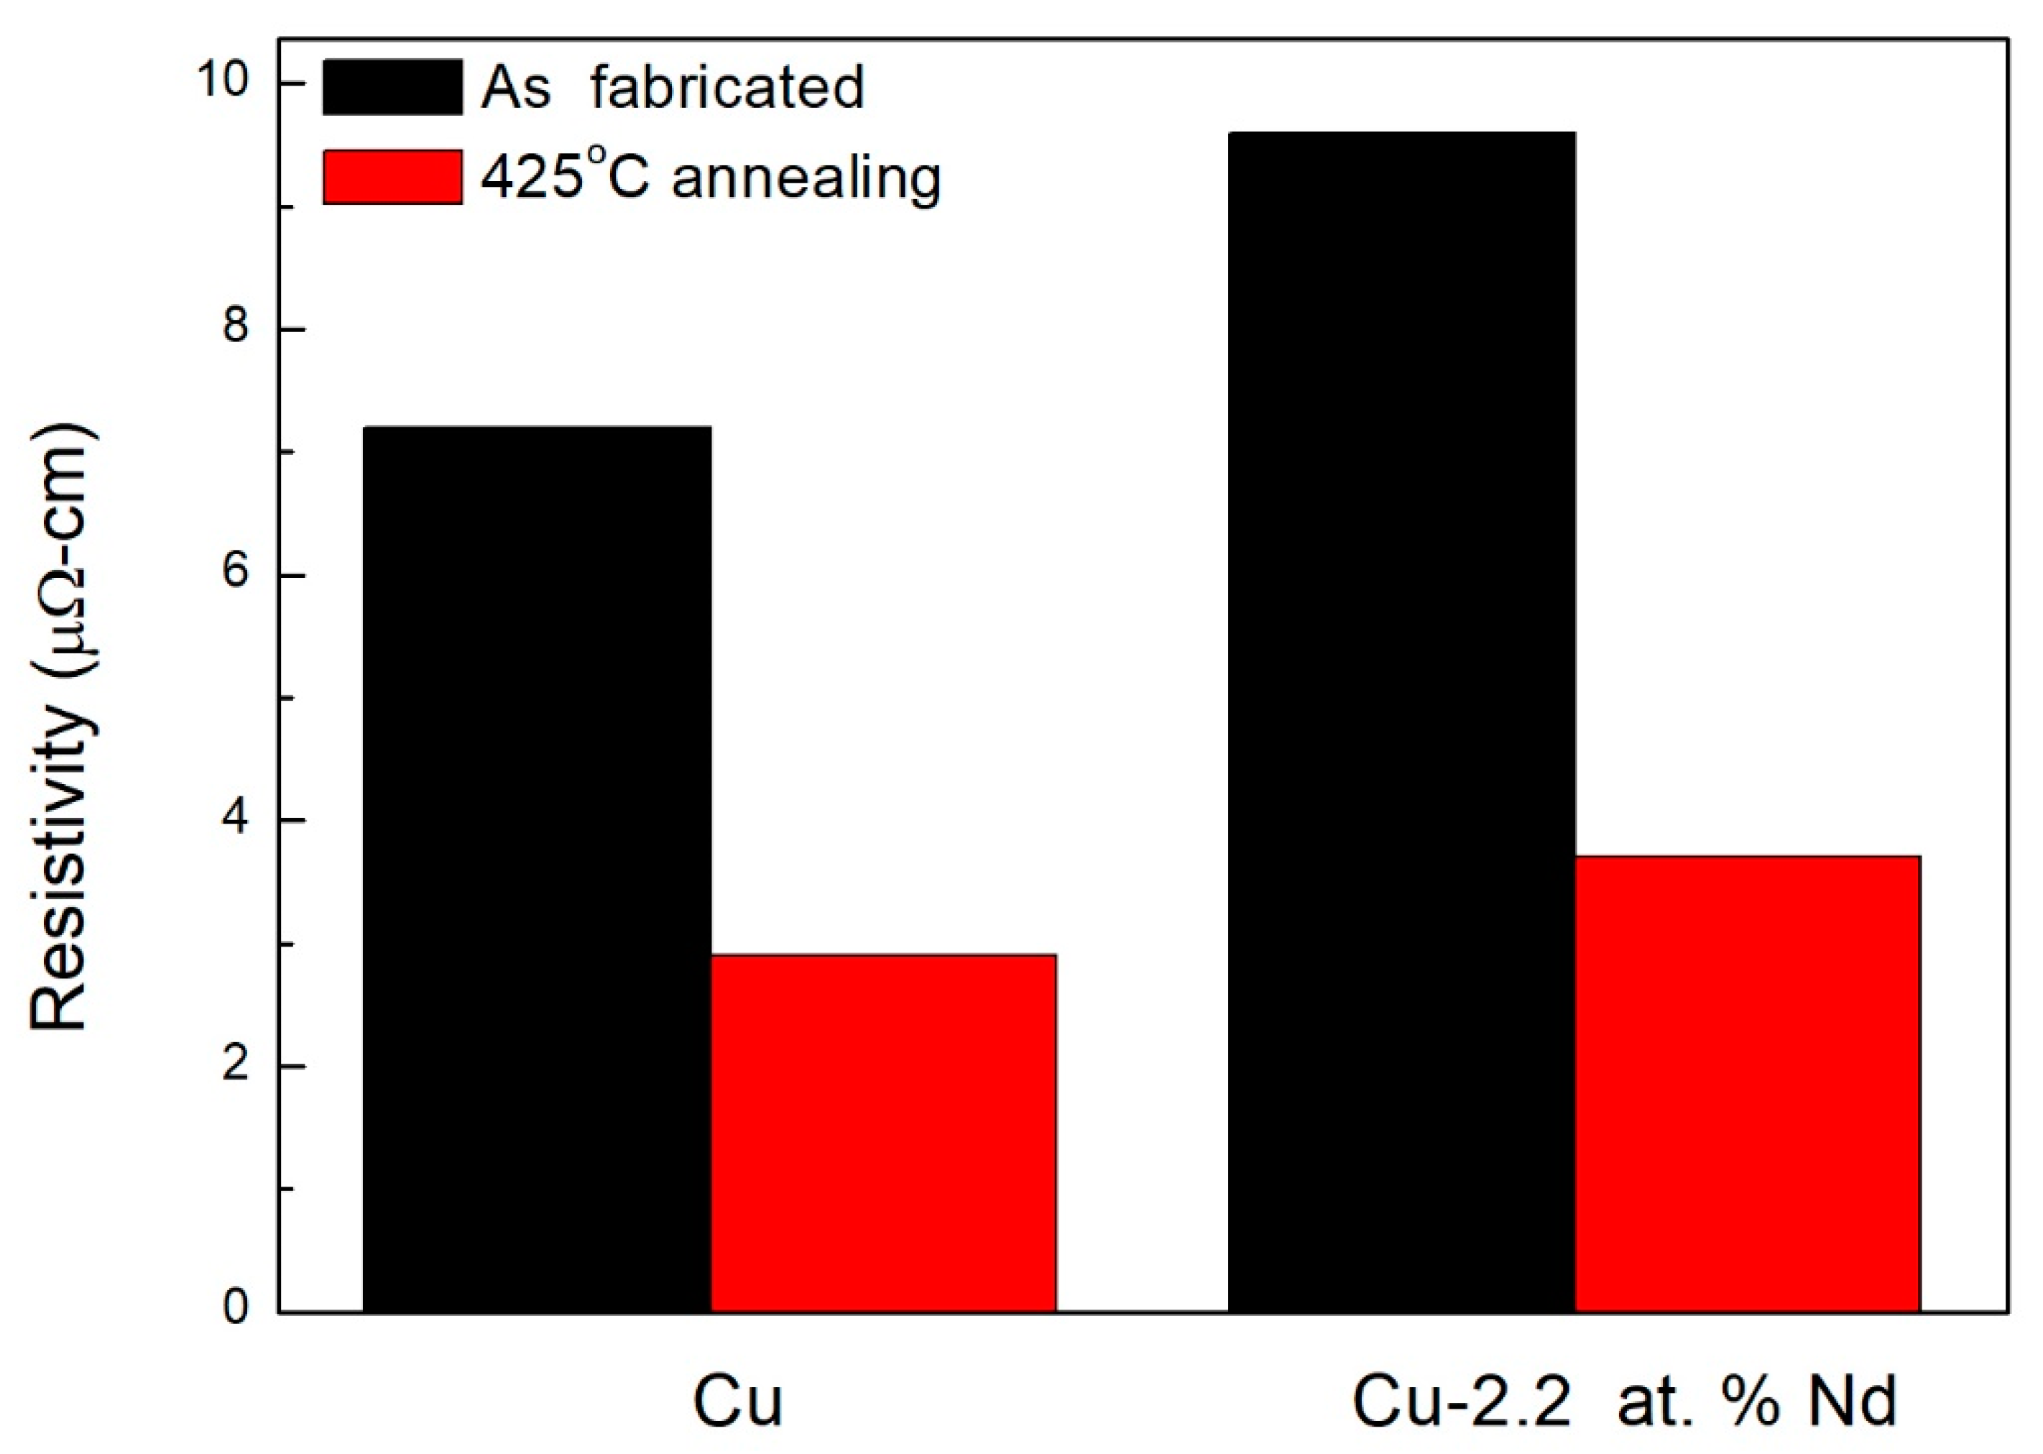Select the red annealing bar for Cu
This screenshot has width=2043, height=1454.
[x=884, y=1133]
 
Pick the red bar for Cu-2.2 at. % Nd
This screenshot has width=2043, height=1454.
[x=1748, y=1083]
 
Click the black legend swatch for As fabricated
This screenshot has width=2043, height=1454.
[x=392, y=87]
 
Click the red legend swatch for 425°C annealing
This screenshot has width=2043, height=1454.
[x=392, y=176]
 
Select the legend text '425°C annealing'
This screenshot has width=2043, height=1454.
[x=711, y=176]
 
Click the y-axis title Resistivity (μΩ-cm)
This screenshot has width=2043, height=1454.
[x=61, y=730]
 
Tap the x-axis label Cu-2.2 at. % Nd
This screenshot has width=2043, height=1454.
[x=1623, y=1402]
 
